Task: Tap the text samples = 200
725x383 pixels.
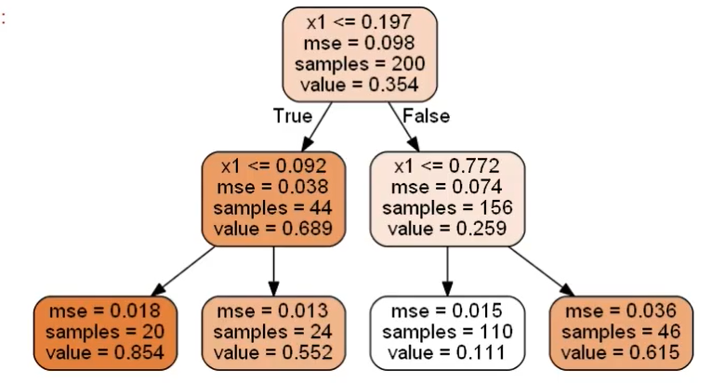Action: point(360,63)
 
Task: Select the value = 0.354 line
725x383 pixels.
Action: point(360,86)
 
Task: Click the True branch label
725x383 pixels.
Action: point(292,116)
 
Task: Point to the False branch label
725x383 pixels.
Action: point(427,116)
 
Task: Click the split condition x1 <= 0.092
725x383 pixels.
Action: point(273,166)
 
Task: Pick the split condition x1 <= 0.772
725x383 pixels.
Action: point(447,166)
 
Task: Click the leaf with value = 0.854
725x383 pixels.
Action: point(104,331)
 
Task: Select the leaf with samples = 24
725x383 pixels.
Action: point(273,331)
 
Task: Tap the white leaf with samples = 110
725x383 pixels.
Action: point(447,331)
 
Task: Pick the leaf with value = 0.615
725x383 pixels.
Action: point(618,331)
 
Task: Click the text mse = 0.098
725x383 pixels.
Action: point(360,41)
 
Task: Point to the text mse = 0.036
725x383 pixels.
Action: point(618,310)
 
